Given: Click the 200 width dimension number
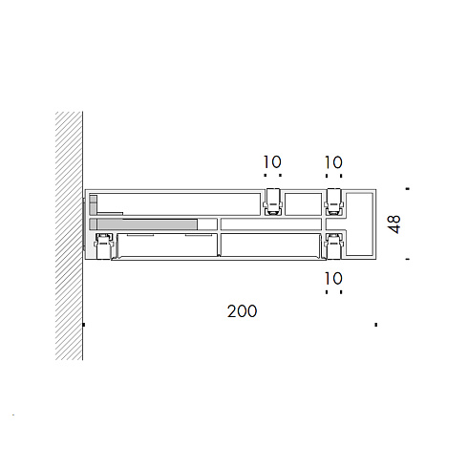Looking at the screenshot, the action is [242, 311].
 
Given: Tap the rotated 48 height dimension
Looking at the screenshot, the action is [394, 224].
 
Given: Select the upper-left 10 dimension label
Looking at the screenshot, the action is [272, 161].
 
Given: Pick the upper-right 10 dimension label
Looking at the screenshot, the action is [333, 162].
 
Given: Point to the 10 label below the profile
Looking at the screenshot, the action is [333, 279].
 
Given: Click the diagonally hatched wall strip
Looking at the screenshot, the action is [69, 236].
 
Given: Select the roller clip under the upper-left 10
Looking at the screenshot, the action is [273, 202].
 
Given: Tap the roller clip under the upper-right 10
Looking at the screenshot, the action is [334, 202].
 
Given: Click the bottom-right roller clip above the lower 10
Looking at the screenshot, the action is [334, 245].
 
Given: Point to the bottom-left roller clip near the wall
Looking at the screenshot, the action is [103, 245].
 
